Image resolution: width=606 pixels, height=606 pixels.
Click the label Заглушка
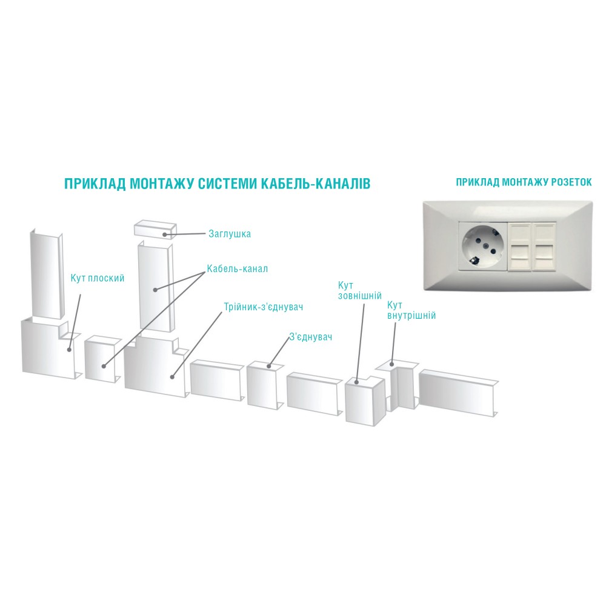pos(230,234)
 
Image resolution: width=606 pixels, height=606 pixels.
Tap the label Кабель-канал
pos(238,268)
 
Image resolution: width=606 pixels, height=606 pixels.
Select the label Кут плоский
pos(98,278)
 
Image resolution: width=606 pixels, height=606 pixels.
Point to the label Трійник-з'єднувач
pos(263,307)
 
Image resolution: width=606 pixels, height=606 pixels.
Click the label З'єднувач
pos(311,336)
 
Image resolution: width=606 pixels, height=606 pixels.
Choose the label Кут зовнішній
pos(360,291)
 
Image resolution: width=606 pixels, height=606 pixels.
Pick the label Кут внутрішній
pos(411,310)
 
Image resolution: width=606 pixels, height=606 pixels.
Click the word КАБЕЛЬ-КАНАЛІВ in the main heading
pos(316,184)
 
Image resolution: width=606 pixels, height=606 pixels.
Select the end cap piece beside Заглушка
pos(155,229)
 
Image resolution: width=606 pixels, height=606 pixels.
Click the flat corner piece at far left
pos(52,348)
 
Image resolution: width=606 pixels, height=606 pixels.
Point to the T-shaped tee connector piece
pos(156,366)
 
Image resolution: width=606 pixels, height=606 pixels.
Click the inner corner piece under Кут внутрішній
pos(398,387)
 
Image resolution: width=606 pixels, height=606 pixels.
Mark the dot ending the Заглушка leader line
pos(164,235)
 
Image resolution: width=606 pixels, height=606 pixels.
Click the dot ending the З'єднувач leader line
pos(269,365)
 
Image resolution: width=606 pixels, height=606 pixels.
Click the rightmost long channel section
pos(458,393)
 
